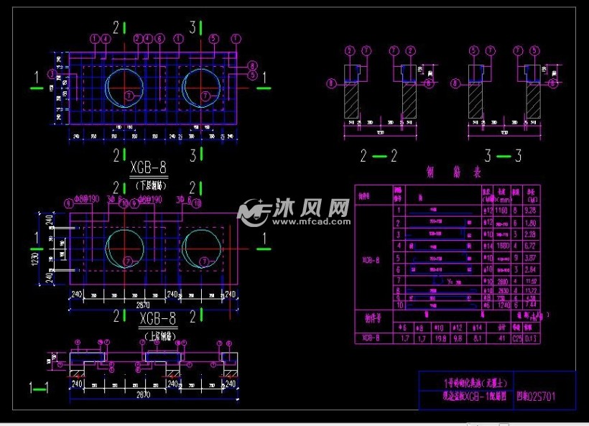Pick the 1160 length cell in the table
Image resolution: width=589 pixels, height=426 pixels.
pyautogui.click(x=501, y=210)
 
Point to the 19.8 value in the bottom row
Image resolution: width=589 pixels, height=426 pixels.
pyautogui.click(x=441, y=338)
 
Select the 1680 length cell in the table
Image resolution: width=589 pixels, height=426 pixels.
pyautogui.click(x=501, y=245)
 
